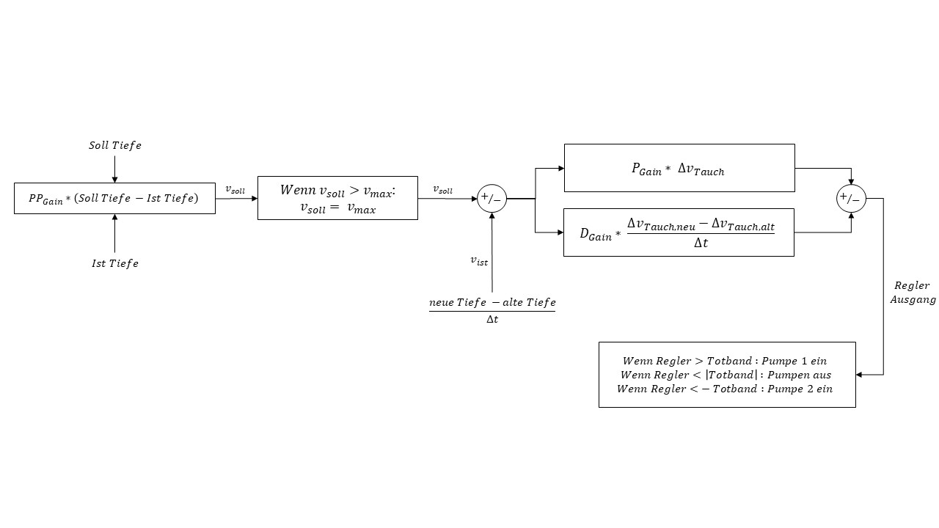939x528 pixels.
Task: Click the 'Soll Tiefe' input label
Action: click(115, 145)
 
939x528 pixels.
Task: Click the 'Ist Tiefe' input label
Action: click(115, 263)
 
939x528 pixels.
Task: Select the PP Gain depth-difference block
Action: click(114, 199)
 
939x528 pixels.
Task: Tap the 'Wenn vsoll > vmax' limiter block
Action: click(337, 198)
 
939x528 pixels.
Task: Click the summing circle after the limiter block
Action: click(492, 198)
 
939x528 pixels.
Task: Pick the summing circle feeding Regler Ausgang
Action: click(851, 198)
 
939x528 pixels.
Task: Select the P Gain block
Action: click(679, 169)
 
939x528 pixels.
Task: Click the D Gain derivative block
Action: click(679, 232)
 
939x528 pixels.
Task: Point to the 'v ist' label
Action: click(479, 260)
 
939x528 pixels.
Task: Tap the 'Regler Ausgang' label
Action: click(913, 293)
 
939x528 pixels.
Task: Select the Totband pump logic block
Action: click(727, 374)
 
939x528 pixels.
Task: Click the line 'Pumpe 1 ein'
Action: click(726, 361)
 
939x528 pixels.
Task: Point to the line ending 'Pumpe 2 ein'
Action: click(725, 389)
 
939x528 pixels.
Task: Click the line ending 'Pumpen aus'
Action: click(726, 375)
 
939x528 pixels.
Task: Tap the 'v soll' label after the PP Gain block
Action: click(235, 189)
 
